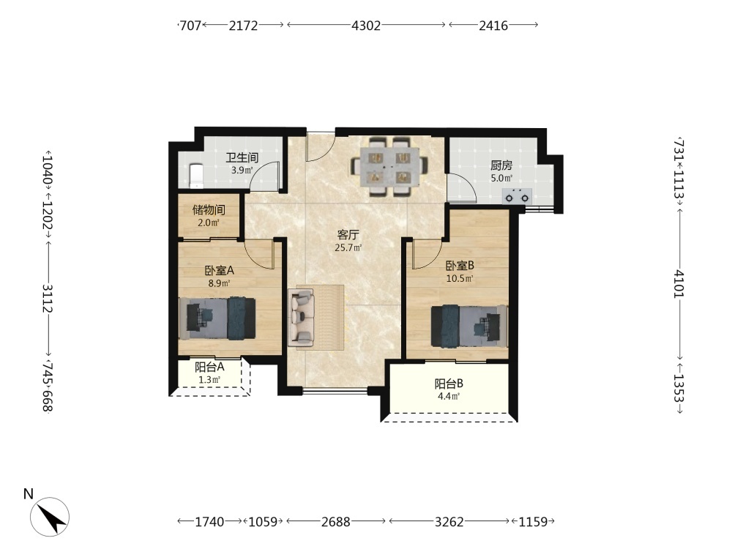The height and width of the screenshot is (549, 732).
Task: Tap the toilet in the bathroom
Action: point(196,176)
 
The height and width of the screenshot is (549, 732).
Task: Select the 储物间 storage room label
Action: point(209,209)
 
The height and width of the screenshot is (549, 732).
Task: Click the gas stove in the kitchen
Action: point(518,196)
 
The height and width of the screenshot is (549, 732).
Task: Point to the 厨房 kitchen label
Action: point(501,165)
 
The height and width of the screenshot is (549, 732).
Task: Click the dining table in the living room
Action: point(389,167)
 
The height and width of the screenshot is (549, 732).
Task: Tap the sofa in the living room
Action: point(301,318)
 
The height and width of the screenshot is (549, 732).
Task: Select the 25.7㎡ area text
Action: point(348,248)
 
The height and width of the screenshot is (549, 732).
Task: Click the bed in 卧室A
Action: point(217,318)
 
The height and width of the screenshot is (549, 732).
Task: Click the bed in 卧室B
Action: point(469,326)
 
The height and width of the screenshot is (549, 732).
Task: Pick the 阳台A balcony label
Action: point(209,367)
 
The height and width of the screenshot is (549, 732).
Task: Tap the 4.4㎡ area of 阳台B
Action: point(449,397)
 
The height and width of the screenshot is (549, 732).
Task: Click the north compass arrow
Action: point(50,517)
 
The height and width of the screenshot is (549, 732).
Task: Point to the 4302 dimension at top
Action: point(366,25)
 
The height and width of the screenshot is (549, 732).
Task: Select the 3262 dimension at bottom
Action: point(449,521)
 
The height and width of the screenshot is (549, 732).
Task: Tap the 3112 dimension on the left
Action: point(48,299)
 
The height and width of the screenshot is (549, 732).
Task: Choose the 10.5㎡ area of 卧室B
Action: point(460,279)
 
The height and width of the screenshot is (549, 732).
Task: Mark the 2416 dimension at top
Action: point(493,25)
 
